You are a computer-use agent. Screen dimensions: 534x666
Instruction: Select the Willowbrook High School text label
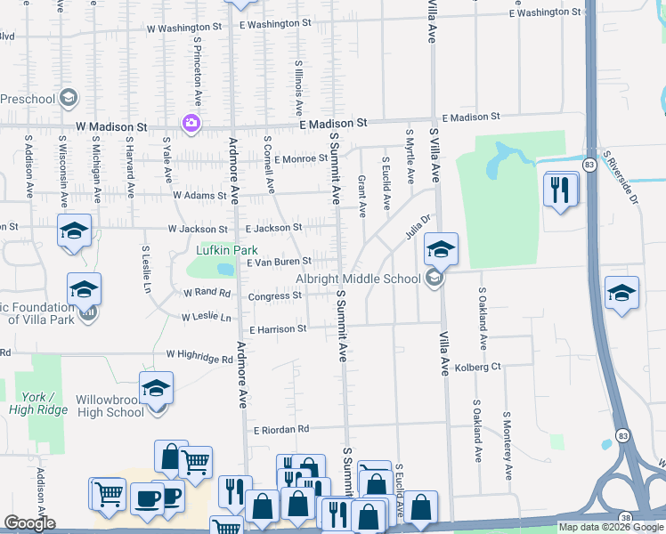[110, 406]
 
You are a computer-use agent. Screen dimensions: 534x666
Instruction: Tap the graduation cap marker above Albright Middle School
[440, 250]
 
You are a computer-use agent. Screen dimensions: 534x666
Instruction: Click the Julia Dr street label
[418, 225]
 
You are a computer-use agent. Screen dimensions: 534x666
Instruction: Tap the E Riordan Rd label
[280, 429]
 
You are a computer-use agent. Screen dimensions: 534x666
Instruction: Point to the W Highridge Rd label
[200, 358]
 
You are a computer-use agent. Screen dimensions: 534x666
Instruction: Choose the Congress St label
[275, 296]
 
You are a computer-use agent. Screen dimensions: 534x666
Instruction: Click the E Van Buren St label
[279, 262]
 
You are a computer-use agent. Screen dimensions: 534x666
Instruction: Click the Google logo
[28, 523]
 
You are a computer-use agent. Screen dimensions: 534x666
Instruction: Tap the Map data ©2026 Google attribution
[611, 527]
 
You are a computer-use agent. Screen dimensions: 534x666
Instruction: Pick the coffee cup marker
[147, 499]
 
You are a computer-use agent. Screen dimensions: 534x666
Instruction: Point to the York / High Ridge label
[38, 402]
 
